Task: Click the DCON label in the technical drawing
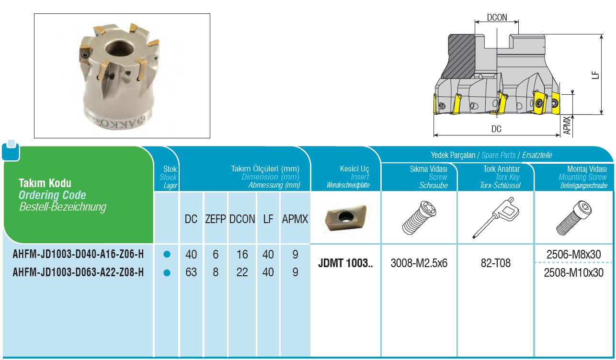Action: pos(496,17)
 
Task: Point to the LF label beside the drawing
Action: pos(594,75)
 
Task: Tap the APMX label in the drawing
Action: pos(567,125)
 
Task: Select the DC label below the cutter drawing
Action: pos(496,129)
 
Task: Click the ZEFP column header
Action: pos(216,219)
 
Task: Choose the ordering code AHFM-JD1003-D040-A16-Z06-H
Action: pos(78,255)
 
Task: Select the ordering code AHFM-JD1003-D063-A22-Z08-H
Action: pos(78,272)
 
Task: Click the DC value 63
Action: pos(191,272)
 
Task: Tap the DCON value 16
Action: pos(242,255)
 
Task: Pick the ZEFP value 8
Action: pos(216,272)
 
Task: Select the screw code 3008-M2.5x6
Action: pos(419,263)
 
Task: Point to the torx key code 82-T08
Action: pos(495,263)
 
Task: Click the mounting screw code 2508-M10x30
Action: pos(574,272)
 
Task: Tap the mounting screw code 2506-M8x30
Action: pos(574,254)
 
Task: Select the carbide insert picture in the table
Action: pos(345,218)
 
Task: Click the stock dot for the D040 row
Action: pos(167,255)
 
